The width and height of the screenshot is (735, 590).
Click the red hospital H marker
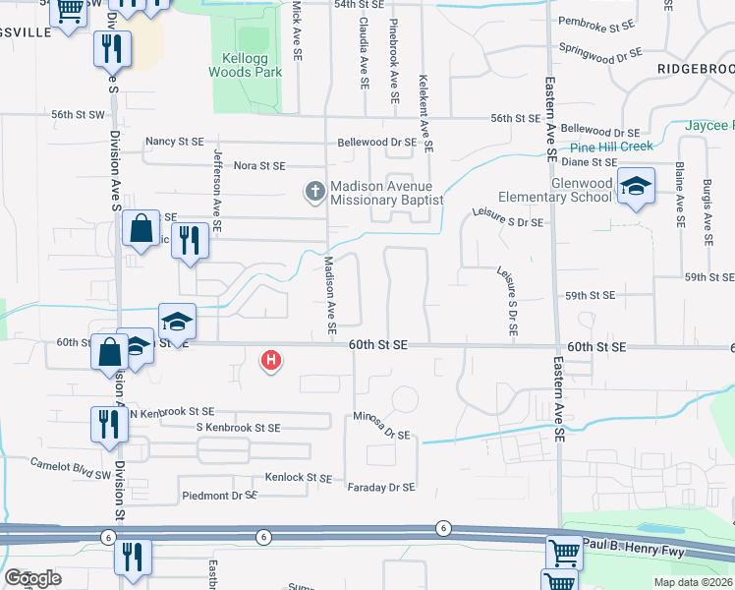270,361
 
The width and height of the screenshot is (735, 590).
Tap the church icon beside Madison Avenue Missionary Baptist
314,190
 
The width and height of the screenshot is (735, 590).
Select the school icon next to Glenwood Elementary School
635,187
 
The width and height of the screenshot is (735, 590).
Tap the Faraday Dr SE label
381,487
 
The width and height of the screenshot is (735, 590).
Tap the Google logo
33,577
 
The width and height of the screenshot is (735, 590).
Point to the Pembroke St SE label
597,21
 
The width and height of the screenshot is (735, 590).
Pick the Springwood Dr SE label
600,48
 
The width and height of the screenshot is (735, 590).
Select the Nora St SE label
259,166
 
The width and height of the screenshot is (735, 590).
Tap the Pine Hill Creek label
611,147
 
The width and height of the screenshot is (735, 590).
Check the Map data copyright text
693,582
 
